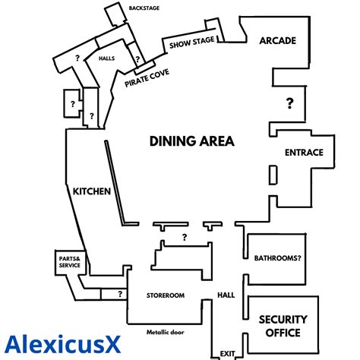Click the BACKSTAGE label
(144, 8)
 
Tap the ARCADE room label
(278, 40)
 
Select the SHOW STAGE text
(191, 43)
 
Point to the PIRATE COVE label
(147, 78)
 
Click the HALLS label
(106, 58)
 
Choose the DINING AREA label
(192, 141)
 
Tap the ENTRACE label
(304, 153)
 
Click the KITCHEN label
(92, 191)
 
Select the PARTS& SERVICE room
(70, 262)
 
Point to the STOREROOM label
(166, 295)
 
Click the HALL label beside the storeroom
(226, 295)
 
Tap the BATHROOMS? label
(278, 258)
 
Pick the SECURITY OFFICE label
(283, 326)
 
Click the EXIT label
(227, 354)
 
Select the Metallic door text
(166, 332)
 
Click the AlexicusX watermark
(62, 344)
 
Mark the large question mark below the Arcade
(290, 103)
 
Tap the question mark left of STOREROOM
(120, 294)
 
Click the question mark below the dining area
(185, 237)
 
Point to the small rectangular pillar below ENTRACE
(273, 175)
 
